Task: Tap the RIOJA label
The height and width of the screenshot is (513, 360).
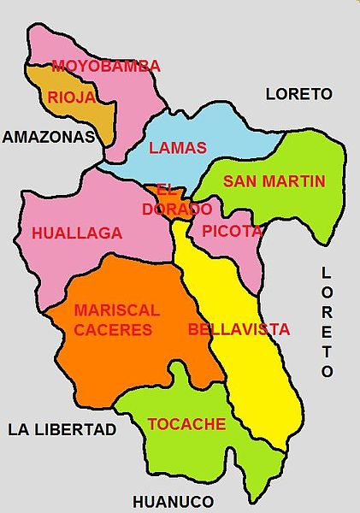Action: [72, 97]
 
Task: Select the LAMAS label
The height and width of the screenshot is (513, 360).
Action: [178, 147]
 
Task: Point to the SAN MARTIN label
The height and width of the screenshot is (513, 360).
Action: [274, 180]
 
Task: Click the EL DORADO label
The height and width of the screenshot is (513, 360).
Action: [178, 199]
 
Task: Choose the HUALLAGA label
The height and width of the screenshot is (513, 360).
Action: [77, 233]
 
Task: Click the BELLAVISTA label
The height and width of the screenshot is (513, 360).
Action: [239, 329]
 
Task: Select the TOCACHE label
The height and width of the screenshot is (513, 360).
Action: [186, 424]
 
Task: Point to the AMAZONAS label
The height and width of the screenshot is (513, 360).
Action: [47, 136]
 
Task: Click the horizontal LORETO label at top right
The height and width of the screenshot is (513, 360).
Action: [298, 93]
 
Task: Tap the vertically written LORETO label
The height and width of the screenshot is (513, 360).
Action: [326, 321]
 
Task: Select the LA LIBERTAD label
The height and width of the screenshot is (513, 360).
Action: [62, 429]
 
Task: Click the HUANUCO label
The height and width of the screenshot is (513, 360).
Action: [173, 501]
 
